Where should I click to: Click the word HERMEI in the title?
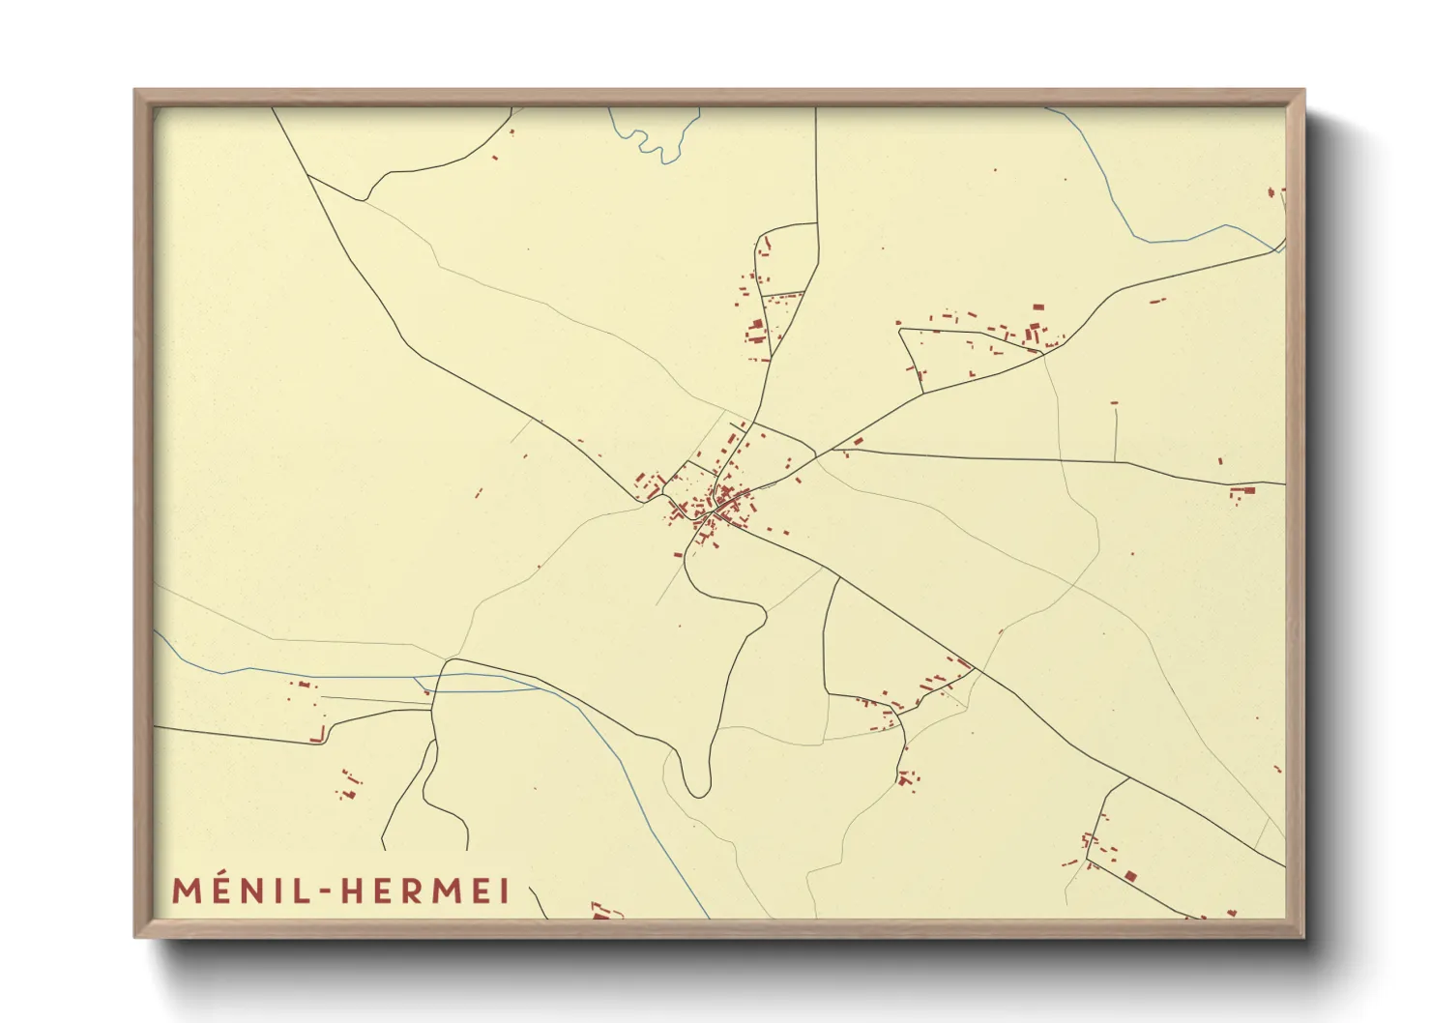424,891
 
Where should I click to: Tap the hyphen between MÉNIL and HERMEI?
326,891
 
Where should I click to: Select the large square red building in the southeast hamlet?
1130,877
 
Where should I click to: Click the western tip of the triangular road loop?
900,331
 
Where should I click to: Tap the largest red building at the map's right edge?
1245,491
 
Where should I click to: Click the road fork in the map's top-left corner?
363,200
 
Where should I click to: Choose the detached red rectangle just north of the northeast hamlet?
1038,307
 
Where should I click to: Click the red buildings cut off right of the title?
601,911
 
